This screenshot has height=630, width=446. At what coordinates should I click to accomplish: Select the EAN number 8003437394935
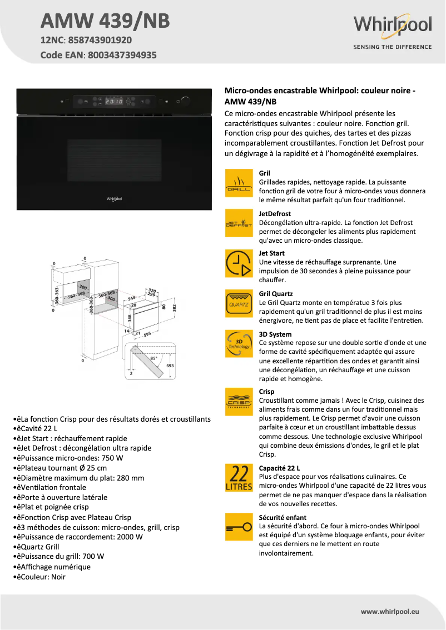tap(121, 55)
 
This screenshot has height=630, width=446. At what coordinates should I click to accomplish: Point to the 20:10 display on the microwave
tap(115, 102)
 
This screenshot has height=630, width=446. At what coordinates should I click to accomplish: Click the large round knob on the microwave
tap(185, 101)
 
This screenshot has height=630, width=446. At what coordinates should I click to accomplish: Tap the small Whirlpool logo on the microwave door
tap(114, 197)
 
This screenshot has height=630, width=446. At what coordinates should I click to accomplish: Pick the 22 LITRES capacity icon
tap(239, 478)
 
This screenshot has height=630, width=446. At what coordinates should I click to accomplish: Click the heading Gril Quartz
tap(276, 293)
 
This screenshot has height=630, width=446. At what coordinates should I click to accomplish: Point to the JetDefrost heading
tap(275, 213)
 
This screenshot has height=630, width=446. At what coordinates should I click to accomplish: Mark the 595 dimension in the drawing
tap(147, 334)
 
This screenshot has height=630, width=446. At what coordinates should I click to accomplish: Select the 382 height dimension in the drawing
tap(174, 307)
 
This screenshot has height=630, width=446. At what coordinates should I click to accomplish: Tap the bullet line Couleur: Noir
tap(39, 577)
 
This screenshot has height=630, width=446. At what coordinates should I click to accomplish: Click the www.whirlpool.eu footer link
tap(389, 611)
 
